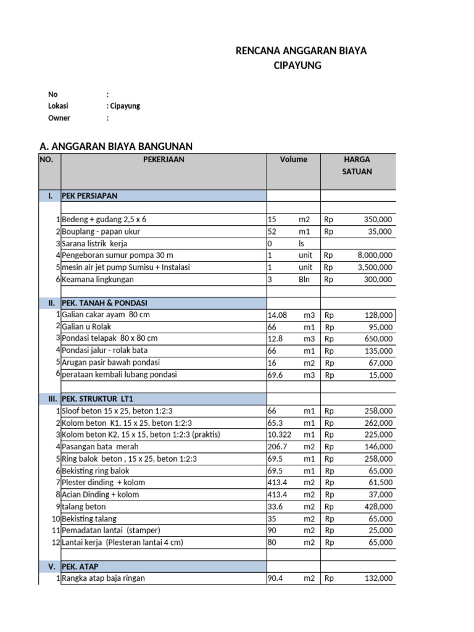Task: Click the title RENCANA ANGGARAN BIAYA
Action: (x=301, y=51)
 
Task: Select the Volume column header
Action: (x=293, y=159)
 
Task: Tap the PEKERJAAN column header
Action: (x=164, y=159)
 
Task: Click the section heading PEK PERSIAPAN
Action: (x=89, y=196)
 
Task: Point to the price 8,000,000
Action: (x=375, y=255)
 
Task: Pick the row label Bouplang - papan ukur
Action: (x=101, y=231)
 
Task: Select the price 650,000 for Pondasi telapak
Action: (x=378, y=339)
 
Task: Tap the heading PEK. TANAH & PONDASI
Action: (x=104, y=303)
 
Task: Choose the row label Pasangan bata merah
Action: (x=100, y=446)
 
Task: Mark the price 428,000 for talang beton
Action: (x=378, y=506)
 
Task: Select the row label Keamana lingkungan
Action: (x=98, y=279)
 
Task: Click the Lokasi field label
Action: (x=58, y=106)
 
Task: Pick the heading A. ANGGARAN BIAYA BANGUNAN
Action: (x=116, y=146)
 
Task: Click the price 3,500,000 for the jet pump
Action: (x=375, y=267)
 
